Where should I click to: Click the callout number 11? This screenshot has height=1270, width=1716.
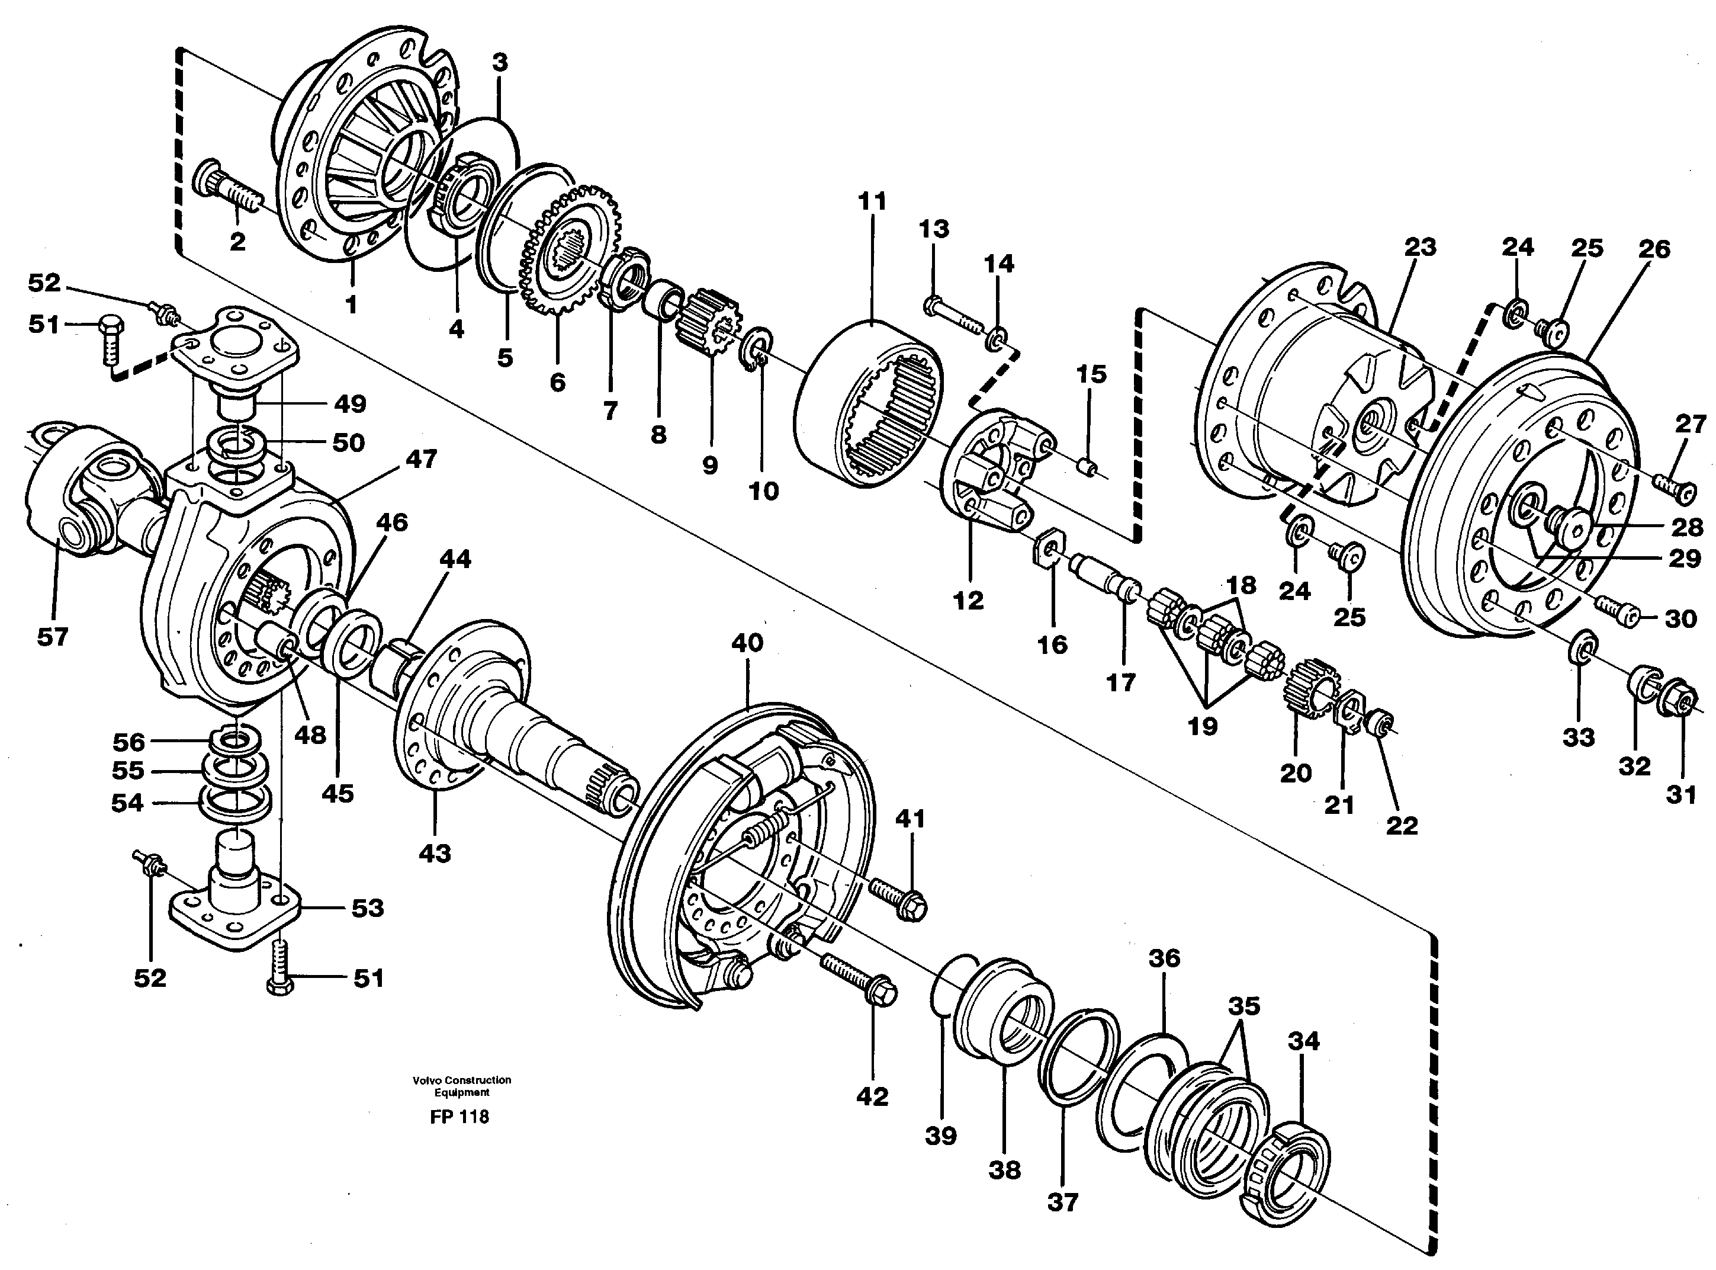click(x=872, y=201)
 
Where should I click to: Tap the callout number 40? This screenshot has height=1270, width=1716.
click(x=747, y=643)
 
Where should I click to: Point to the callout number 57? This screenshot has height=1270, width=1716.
click(x=52, y=637)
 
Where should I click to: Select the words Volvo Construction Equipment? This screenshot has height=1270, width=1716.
click(x=461, y=1086)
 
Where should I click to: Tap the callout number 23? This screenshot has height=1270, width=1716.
click(x=1419, y=248)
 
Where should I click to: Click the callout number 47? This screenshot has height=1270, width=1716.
click(x=420, y=459)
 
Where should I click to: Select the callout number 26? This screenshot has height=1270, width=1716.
click(x=1654, y=249)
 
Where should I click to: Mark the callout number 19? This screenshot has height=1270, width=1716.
click(x=1203, y=726)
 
